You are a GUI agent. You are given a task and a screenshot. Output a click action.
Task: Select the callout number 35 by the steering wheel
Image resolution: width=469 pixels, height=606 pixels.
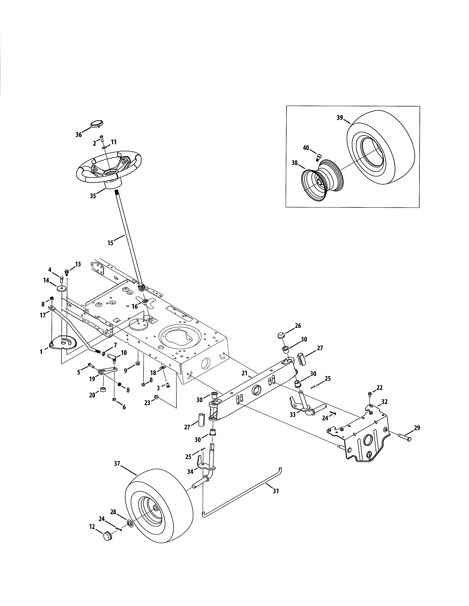[x=93, y=196]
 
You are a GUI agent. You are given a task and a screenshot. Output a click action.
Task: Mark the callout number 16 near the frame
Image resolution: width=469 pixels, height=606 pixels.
[x=134, y=306]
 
